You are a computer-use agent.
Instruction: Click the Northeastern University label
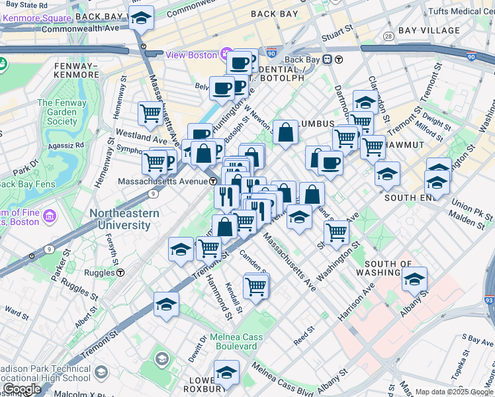[124, 219]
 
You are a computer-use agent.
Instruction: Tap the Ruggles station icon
[120, 272]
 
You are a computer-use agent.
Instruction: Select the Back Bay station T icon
[338, 60]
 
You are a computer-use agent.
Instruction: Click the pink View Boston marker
[226, 54]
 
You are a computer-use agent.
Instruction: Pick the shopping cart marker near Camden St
[255, 286]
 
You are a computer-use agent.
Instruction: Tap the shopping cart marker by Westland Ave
[150, 113]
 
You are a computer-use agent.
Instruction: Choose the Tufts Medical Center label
[461, 11]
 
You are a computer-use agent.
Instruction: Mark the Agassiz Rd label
[70, 144]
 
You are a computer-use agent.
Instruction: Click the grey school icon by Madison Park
[161, 359]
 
